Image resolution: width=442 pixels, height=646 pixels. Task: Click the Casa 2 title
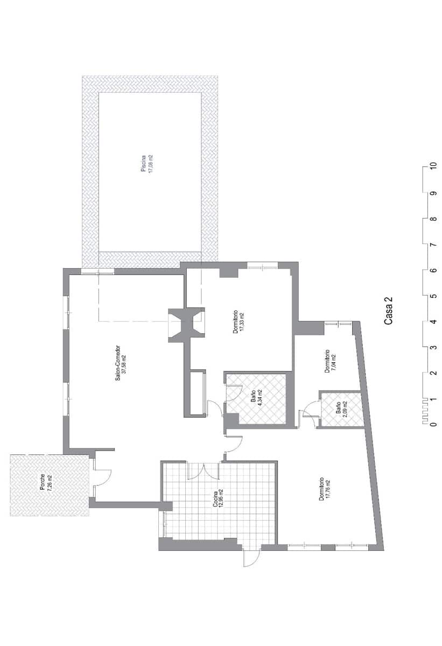click(x=388, y=312)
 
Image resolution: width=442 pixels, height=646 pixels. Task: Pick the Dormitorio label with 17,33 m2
click(x=236, y=322)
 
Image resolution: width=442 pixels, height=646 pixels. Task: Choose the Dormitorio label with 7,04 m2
click(x=327, y=361)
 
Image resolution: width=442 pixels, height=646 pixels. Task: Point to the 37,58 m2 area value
click(x=124, y=363)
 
